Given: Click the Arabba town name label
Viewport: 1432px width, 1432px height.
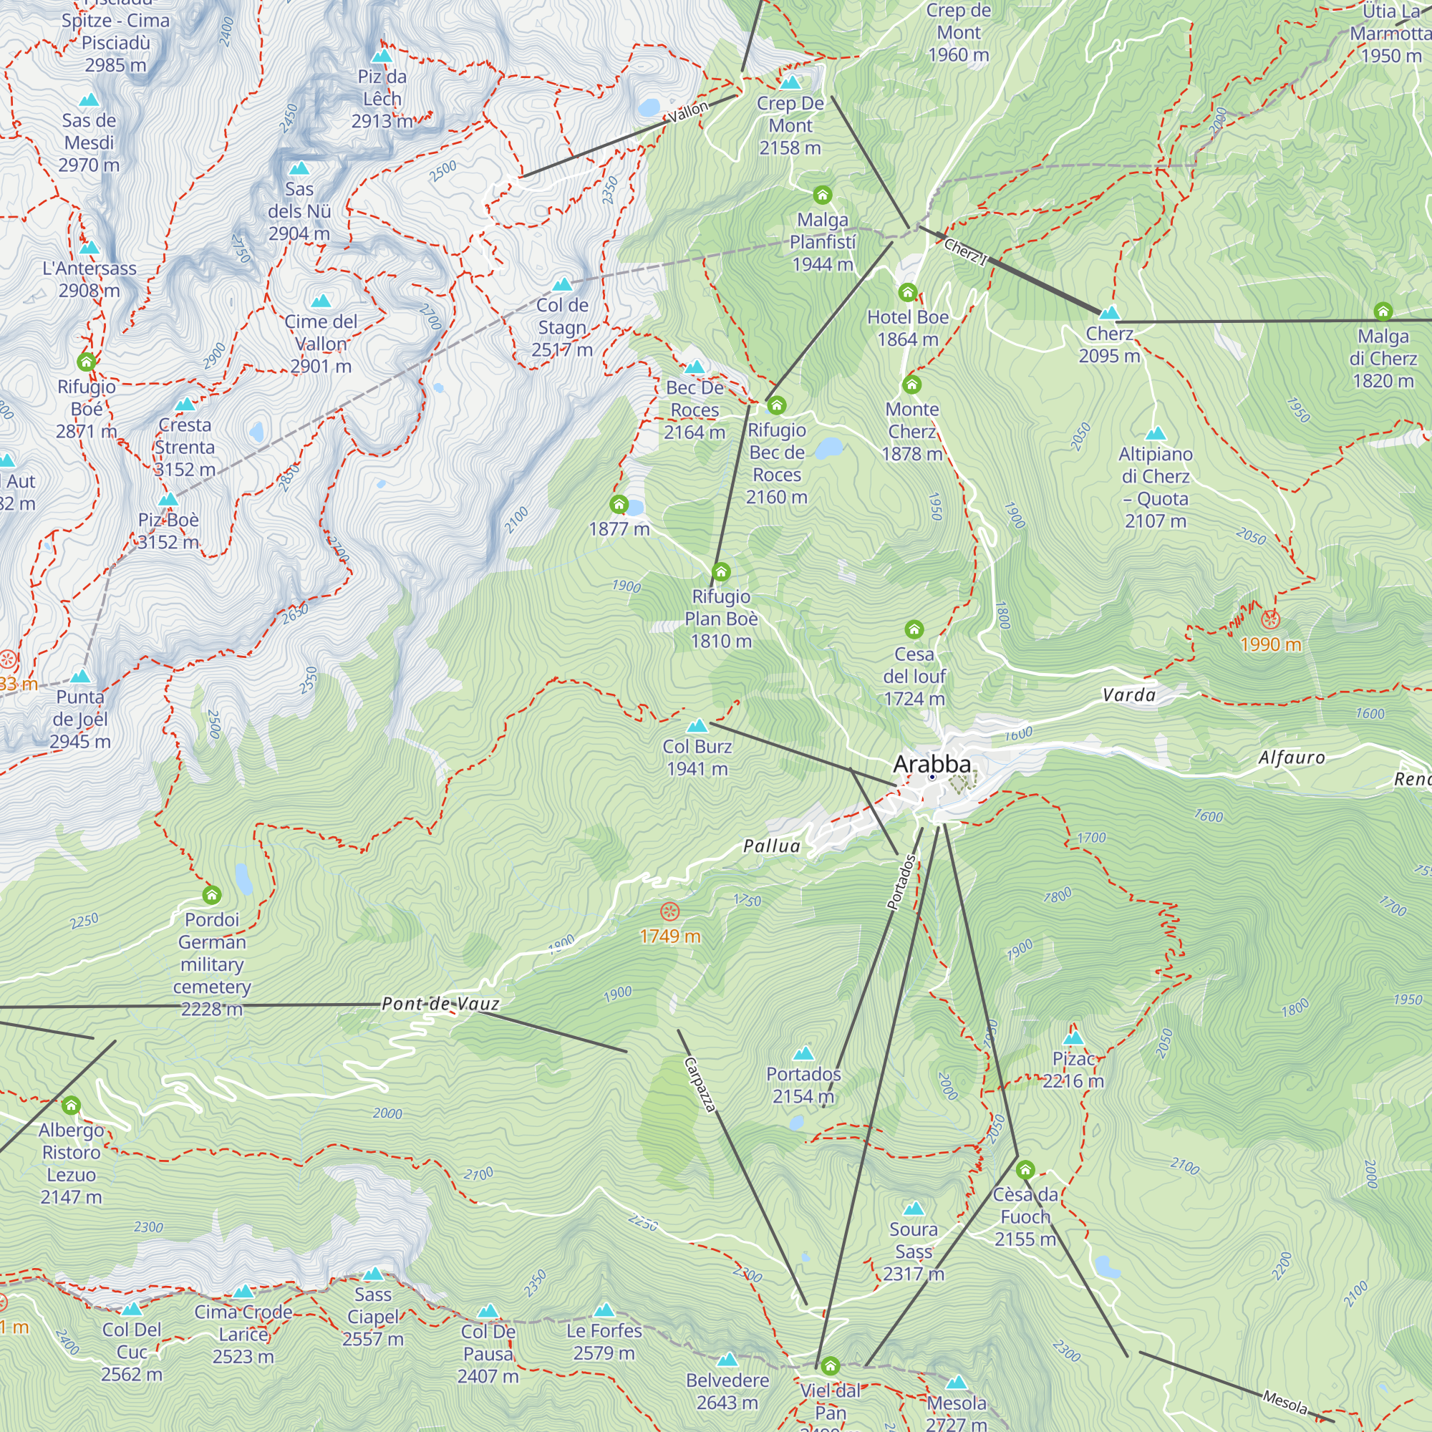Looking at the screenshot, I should (x=932, y=763).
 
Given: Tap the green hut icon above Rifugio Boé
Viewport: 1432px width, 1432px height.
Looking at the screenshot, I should (x=86, y=362).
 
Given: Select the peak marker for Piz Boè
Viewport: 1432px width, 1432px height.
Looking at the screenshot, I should (x=168, y=500).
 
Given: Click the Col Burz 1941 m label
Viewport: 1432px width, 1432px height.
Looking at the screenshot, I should (x=697, y=758).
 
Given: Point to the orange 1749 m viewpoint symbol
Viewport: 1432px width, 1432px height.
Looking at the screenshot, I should (x=669, y=911).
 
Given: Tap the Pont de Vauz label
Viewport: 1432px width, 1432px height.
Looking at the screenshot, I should (x=440, y=1004).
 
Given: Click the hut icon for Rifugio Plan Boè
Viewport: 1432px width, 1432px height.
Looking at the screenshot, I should (x=720, y=571).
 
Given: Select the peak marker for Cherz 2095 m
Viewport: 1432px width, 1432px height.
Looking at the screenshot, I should (x=1109, y=313).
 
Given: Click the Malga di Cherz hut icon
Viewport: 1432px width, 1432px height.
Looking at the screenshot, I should (x=1383, y=311).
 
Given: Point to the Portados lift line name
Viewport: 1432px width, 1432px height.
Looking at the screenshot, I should (x=901, y=882).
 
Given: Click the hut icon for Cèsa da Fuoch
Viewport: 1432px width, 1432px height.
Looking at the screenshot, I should (x=1025, y=1170).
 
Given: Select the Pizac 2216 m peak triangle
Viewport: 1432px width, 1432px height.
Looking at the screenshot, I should (x=1073, y=1037).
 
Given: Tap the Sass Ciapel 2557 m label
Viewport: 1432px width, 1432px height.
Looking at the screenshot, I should (x=373, y=1317).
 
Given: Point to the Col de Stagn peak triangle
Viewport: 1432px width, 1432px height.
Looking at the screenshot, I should (x=563, y=285).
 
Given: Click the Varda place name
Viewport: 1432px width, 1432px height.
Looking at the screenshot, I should (x=1128, y=695).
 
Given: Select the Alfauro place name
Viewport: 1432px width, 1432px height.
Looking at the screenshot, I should (x=1291, y=757).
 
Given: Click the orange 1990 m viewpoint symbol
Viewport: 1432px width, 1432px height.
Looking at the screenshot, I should (x=1270, y=619).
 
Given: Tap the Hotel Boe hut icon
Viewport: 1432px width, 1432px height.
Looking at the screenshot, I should (x=907, y=292).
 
